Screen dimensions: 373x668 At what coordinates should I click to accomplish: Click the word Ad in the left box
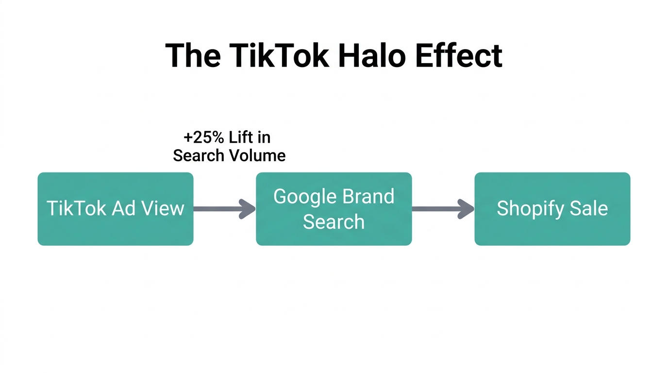point(123,208)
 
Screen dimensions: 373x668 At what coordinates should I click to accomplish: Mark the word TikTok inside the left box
point(77,208)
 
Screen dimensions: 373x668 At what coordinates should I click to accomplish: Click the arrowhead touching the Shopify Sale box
point(467,209)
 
